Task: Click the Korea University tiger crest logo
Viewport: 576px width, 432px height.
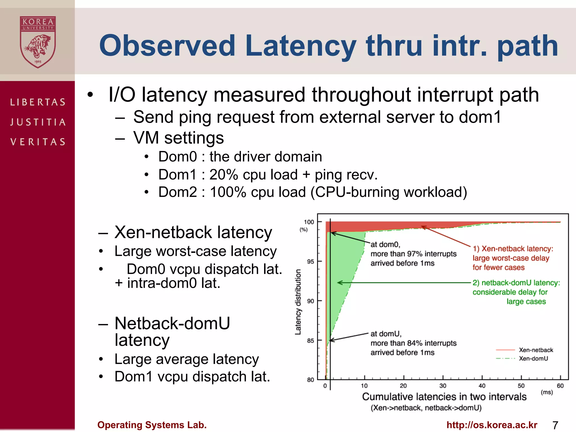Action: click(x=38, y=42)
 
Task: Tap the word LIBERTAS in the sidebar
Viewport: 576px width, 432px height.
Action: click(x=38, y=102)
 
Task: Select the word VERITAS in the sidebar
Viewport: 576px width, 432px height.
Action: click(x=38, y=142)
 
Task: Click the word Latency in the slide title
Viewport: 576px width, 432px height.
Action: click(x=300, y=46)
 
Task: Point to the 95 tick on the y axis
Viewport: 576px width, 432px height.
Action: click(x=310, y=262)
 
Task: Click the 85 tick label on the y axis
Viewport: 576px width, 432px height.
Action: click(x=310, y=341)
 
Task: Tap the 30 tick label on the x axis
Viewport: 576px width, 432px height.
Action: click(x=443, y=386)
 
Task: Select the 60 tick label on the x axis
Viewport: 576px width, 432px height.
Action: click(x=560, y=386)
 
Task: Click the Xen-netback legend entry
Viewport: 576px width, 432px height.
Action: click(x=536, y=350)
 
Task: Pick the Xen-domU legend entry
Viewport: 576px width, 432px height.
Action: click(x=533, y=359)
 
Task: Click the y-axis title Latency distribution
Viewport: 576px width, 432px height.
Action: click(x=298, y=302)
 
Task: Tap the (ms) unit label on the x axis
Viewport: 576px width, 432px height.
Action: click(x=547, y=392)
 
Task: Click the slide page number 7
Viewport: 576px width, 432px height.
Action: click(x=555, y=425)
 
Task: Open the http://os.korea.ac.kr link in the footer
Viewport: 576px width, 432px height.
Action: click(x=492, y=425)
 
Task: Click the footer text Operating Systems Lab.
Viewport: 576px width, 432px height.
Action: click(x=152, y=425)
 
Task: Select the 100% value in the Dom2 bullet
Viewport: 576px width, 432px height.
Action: click(x=228, y=192)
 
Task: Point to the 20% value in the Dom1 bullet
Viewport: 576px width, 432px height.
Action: click(x=224, y=175)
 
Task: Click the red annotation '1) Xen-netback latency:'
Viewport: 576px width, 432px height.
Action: click(x=513, y=249)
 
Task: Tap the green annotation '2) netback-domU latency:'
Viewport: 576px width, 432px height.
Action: click(x=516, y=283)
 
